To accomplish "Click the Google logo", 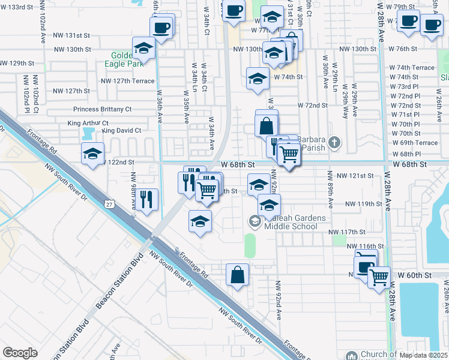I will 20,353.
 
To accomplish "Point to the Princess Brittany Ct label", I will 102,109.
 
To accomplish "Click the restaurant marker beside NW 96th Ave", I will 146,199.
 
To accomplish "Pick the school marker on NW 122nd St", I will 93,154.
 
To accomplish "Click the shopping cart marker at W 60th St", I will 379,277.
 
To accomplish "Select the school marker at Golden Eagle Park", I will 143,48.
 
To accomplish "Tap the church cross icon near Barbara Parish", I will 335,143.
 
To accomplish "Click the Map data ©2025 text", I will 424,354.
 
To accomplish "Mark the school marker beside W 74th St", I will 258,78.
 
